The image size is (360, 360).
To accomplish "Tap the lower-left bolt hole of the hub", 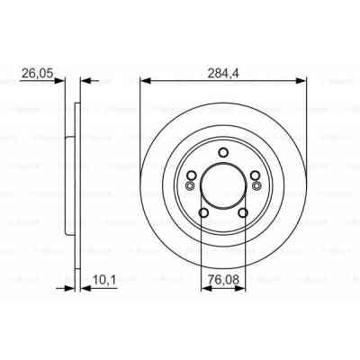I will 202,212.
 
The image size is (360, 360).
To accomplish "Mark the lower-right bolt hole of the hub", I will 244,212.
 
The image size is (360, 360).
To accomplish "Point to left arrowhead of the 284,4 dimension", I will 144,79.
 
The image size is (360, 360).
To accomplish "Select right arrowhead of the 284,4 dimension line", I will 303,79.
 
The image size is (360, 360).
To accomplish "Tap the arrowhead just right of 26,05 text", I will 63,79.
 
